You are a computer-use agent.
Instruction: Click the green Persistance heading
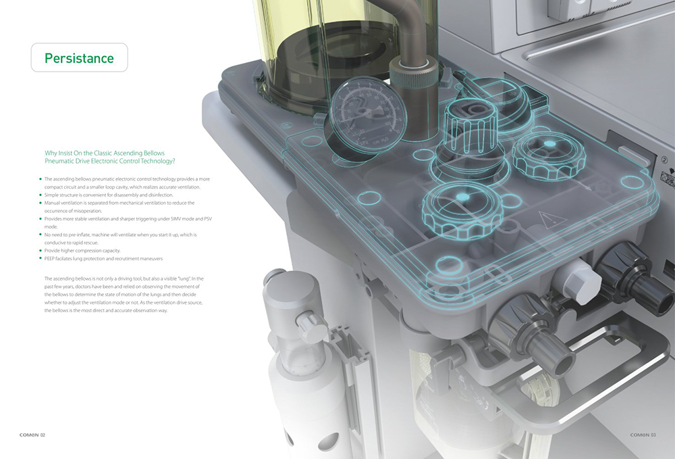[x=79, y=58]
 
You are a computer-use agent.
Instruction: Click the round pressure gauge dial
[x=367, y=114]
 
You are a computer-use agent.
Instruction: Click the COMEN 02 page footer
[x=32, y=435]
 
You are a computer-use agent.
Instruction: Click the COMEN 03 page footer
[x=643, y=435]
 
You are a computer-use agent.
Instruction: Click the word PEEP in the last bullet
[x=49, y=259]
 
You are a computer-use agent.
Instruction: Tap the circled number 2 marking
[x=665, y=160]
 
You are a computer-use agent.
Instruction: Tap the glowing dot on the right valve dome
[x=549, y=143]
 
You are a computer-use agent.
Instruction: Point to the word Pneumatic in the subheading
[x=59, y=161]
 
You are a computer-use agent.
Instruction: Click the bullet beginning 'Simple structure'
[x=109, y=195]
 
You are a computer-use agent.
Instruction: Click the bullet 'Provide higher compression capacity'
[x=82, y=250]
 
